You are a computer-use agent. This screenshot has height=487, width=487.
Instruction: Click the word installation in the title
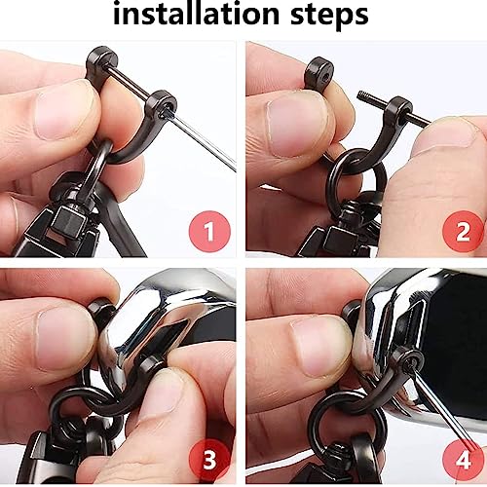[196, 14]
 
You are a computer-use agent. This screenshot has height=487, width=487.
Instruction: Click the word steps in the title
[329, 16]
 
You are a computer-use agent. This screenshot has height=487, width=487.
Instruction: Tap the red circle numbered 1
[209, 231]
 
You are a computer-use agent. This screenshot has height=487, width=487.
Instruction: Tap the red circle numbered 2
[463, 231]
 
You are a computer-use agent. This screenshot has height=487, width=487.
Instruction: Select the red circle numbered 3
[209, 459]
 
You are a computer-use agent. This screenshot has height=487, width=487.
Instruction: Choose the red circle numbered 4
[463, 459]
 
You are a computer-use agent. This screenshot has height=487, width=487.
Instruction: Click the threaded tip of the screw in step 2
[362, 96]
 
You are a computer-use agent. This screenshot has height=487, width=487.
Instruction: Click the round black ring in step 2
[356, 182]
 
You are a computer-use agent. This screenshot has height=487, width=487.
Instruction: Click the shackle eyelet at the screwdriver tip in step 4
[408, 359]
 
